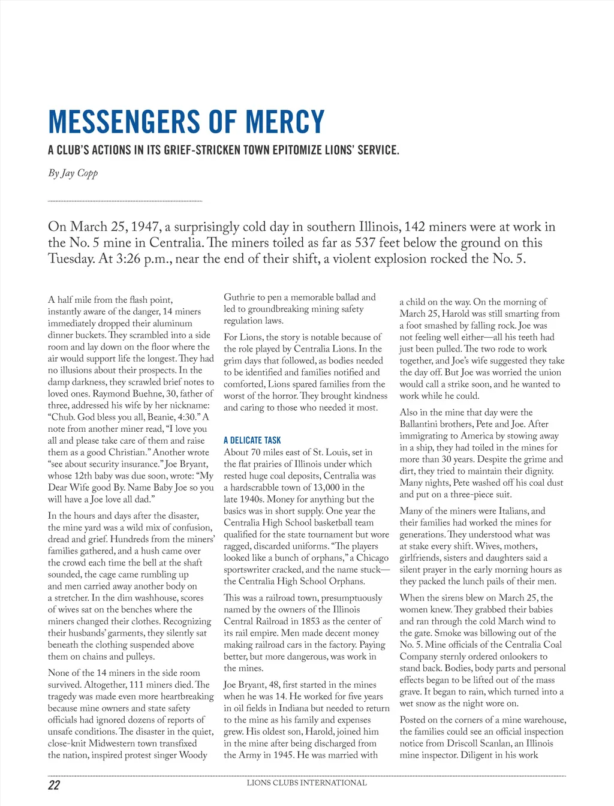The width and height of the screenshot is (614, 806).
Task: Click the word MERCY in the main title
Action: point(285,122)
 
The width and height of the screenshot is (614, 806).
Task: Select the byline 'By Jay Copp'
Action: point(73,173)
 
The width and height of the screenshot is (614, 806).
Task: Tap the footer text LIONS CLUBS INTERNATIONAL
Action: point(306,783)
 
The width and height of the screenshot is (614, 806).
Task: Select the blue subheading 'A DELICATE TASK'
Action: point(252,440)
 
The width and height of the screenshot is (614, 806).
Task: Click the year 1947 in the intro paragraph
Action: point(144,227)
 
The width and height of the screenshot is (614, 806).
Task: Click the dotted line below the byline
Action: point(125,201)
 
